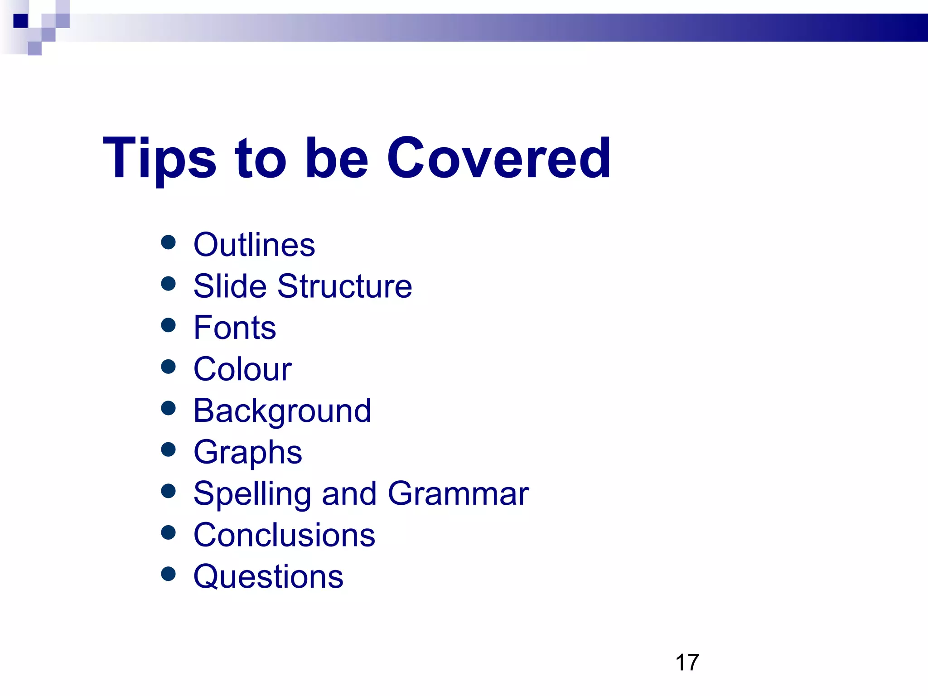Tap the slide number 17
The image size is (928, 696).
coord(687,662)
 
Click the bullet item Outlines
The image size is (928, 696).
coord(254,245)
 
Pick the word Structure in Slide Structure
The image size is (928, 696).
coord(344,286)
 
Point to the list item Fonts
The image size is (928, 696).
coord(235,328)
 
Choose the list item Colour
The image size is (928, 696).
coord(242,369)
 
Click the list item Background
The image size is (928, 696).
coord(282,411)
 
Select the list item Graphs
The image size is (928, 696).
coord(247,452)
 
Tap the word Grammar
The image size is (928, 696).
coord(458,493)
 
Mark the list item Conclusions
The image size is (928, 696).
coord(284,535)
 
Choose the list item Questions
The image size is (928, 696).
coord(268,577)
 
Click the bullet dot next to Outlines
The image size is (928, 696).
coord(168,242)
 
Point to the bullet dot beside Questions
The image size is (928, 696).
coord(168,574)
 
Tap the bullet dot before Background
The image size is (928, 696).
coord(168,408)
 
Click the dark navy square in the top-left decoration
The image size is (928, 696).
coord(20,21)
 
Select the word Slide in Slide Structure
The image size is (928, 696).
coord(230,286)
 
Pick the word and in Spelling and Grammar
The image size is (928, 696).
coord(349,493)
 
